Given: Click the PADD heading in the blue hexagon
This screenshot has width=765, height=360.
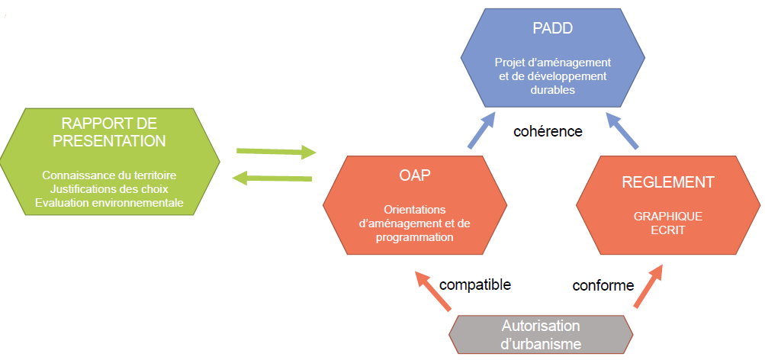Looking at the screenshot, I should (552, 30).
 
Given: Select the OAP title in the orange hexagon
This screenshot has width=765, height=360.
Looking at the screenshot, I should (415, 175).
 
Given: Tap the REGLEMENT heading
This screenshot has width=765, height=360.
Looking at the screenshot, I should (668, 182).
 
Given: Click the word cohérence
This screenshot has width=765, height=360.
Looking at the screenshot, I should (548, 131).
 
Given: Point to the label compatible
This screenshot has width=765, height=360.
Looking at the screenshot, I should (475, 284).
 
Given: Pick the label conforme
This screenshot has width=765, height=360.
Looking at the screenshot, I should (603, 285).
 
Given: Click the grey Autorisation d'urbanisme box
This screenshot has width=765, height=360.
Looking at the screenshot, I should (542, 335).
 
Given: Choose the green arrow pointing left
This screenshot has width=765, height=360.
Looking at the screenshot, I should (272, 178).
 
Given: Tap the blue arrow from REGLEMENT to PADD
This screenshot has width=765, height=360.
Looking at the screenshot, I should (622, 130).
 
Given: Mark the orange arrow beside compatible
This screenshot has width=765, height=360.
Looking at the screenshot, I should (430, 291).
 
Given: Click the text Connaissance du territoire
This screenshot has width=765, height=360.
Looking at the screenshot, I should (114, 175).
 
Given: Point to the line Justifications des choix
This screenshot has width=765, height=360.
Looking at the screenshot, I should (114, 188).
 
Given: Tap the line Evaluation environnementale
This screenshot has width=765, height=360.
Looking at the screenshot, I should (114, 202).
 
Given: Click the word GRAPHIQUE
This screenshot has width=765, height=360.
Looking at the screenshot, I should (668, 216).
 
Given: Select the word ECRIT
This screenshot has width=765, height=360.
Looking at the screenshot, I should (668, 229).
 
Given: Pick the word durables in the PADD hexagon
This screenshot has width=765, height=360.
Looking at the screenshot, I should (552, 89).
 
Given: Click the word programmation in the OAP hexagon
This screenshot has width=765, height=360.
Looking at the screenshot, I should (415, 237).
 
